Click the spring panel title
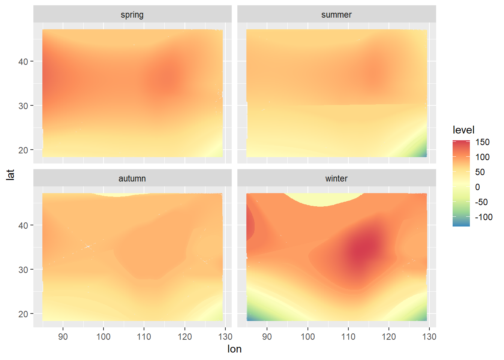coord(132,15)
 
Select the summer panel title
coord(336,15)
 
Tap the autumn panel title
coord(132,178)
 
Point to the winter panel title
coord(336,178)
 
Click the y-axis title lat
coord(10,174)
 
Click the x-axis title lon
coord(234,349)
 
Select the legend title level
coord(463,130)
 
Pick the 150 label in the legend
coord(482,142)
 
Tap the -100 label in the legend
coord(483,217)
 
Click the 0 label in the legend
coord(477,187)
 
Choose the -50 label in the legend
coord(481,202)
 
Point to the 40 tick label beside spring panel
coord(23,61)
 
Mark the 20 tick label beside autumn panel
coord(23,314)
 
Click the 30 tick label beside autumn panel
coord(23,270)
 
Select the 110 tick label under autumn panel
coord(144,337)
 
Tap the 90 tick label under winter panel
coord(267,337)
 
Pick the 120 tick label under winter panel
coord(389,337)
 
